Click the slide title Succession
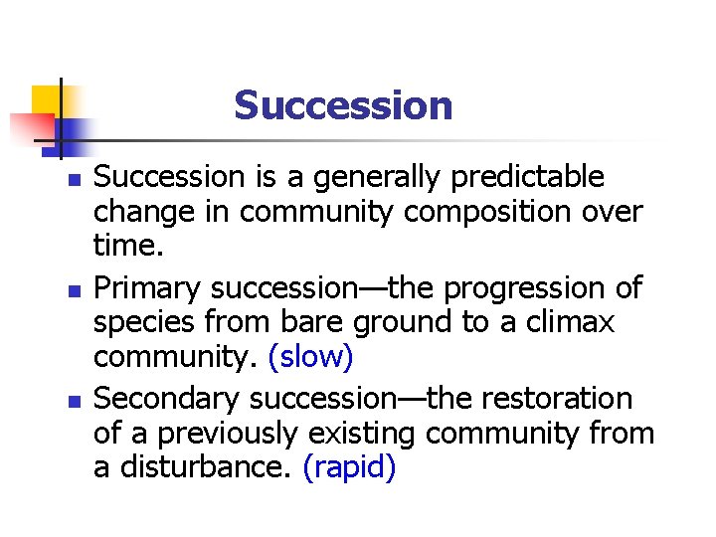(x=343, y=105)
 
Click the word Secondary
(x=167, y=399)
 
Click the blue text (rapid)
(x=349, y=468)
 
